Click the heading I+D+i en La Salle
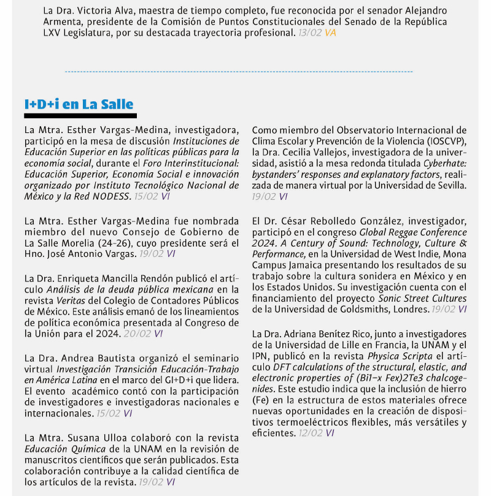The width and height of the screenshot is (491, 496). tap(79, 104)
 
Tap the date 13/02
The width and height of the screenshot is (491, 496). tap(309, 32)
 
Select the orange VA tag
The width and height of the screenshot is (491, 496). tap(330, 32)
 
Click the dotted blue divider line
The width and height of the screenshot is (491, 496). tap(239, 72)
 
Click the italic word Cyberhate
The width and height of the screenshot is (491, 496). tap(445, 163)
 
